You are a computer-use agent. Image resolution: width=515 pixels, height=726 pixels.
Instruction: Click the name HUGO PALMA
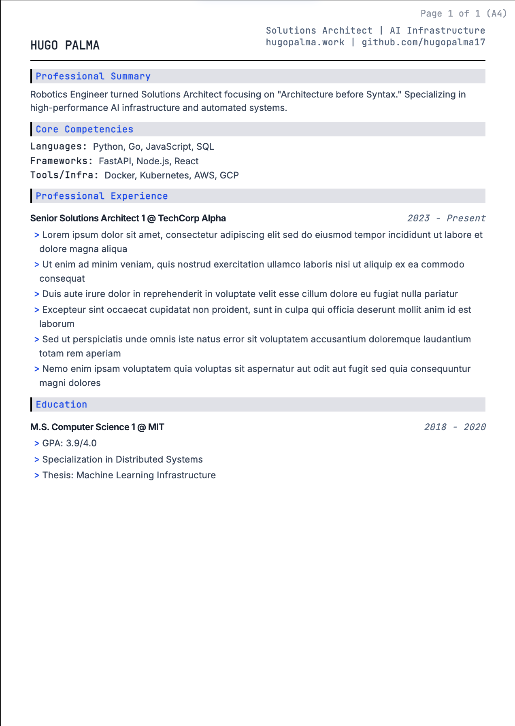click(x=65, y=45)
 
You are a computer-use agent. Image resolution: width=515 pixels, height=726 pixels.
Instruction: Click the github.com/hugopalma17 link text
click(x=423, y=42)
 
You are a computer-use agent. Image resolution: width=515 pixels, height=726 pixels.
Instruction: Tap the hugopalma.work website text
click(x=305, y=42)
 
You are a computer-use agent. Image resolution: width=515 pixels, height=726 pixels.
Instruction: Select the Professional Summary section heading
click(x=93, y=76)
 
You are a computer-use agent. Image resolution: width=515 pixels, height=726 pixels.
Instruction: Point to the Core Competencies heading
click(x=84, y=129)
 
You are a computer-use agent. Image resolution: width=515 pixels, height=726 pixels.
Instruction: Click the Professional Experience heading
click(x=102, y=196)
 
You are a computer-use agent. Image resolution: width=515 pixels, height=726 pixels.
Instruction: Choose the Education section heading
click(x=61, y=404)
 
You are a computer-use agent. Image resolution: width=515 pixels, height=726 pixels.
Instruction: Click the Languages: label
click(x=59, y=146)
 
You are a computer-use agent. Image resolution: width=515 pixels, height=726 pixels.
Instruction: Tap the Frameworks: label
click(x=62, y=161)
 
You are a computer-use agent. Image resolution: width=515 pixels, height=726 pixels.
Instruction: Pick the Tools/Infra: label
click(x=64, y=175)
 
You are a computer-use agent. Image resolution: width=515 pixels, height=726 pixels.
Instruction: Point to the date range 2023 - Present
click(x=446, y=218)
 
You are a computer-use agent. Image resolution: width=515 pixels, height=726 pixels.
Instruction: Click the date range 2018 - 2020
click(x=455, y=427)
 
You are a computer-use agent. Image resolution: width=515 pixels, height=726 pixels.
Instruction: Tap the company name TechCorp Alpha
click(x=192, y=218)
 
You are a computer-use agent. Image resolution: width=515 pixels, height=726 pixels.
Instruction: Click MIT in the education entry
click(x=156, y=427)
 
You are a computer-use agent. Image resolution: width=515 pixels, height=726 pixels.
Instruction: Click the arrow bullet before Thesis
click(x=37, y=476)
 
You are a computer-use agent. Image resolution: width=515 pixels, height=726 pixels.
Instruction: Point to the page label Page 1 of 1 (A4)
click(x=464, y=13)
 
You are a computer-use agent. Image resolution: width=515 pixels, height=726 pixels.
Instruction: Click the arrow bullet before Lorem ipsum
click(x=37, y=235)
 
